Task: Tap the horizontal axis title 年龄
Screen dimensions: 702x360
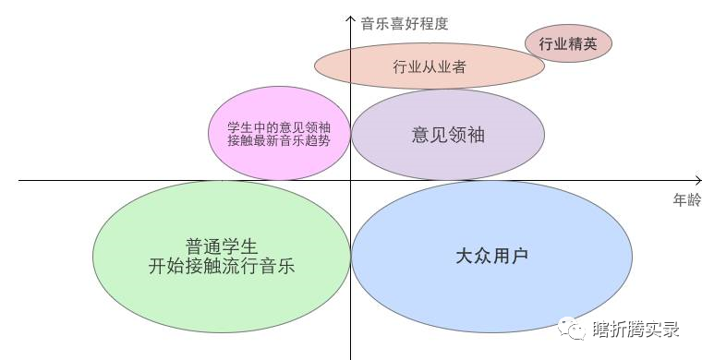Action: coord(686,199)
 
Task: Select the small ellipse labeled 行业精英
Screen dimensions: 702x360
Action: coord(568,42)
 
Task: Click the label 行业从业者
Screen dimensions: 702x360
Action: coord(429,66)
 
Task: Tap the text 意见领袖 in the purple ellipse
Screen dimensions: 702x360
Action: coord(448,135)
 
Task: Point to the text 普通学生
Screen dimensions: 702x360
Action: coord(221,246)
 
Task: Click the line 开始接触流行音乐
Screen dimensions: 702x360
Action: coord(221,267)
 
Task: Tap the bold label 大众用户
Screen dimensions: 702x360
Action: coord(492,256)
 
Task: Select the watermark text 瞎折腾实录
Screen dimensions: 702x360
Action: coord(636,329)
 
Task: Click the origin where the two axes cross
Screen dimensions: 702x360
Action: coord(351,181)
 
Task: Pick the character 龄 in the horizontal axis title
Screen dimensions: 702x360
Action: coord(694,199)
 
